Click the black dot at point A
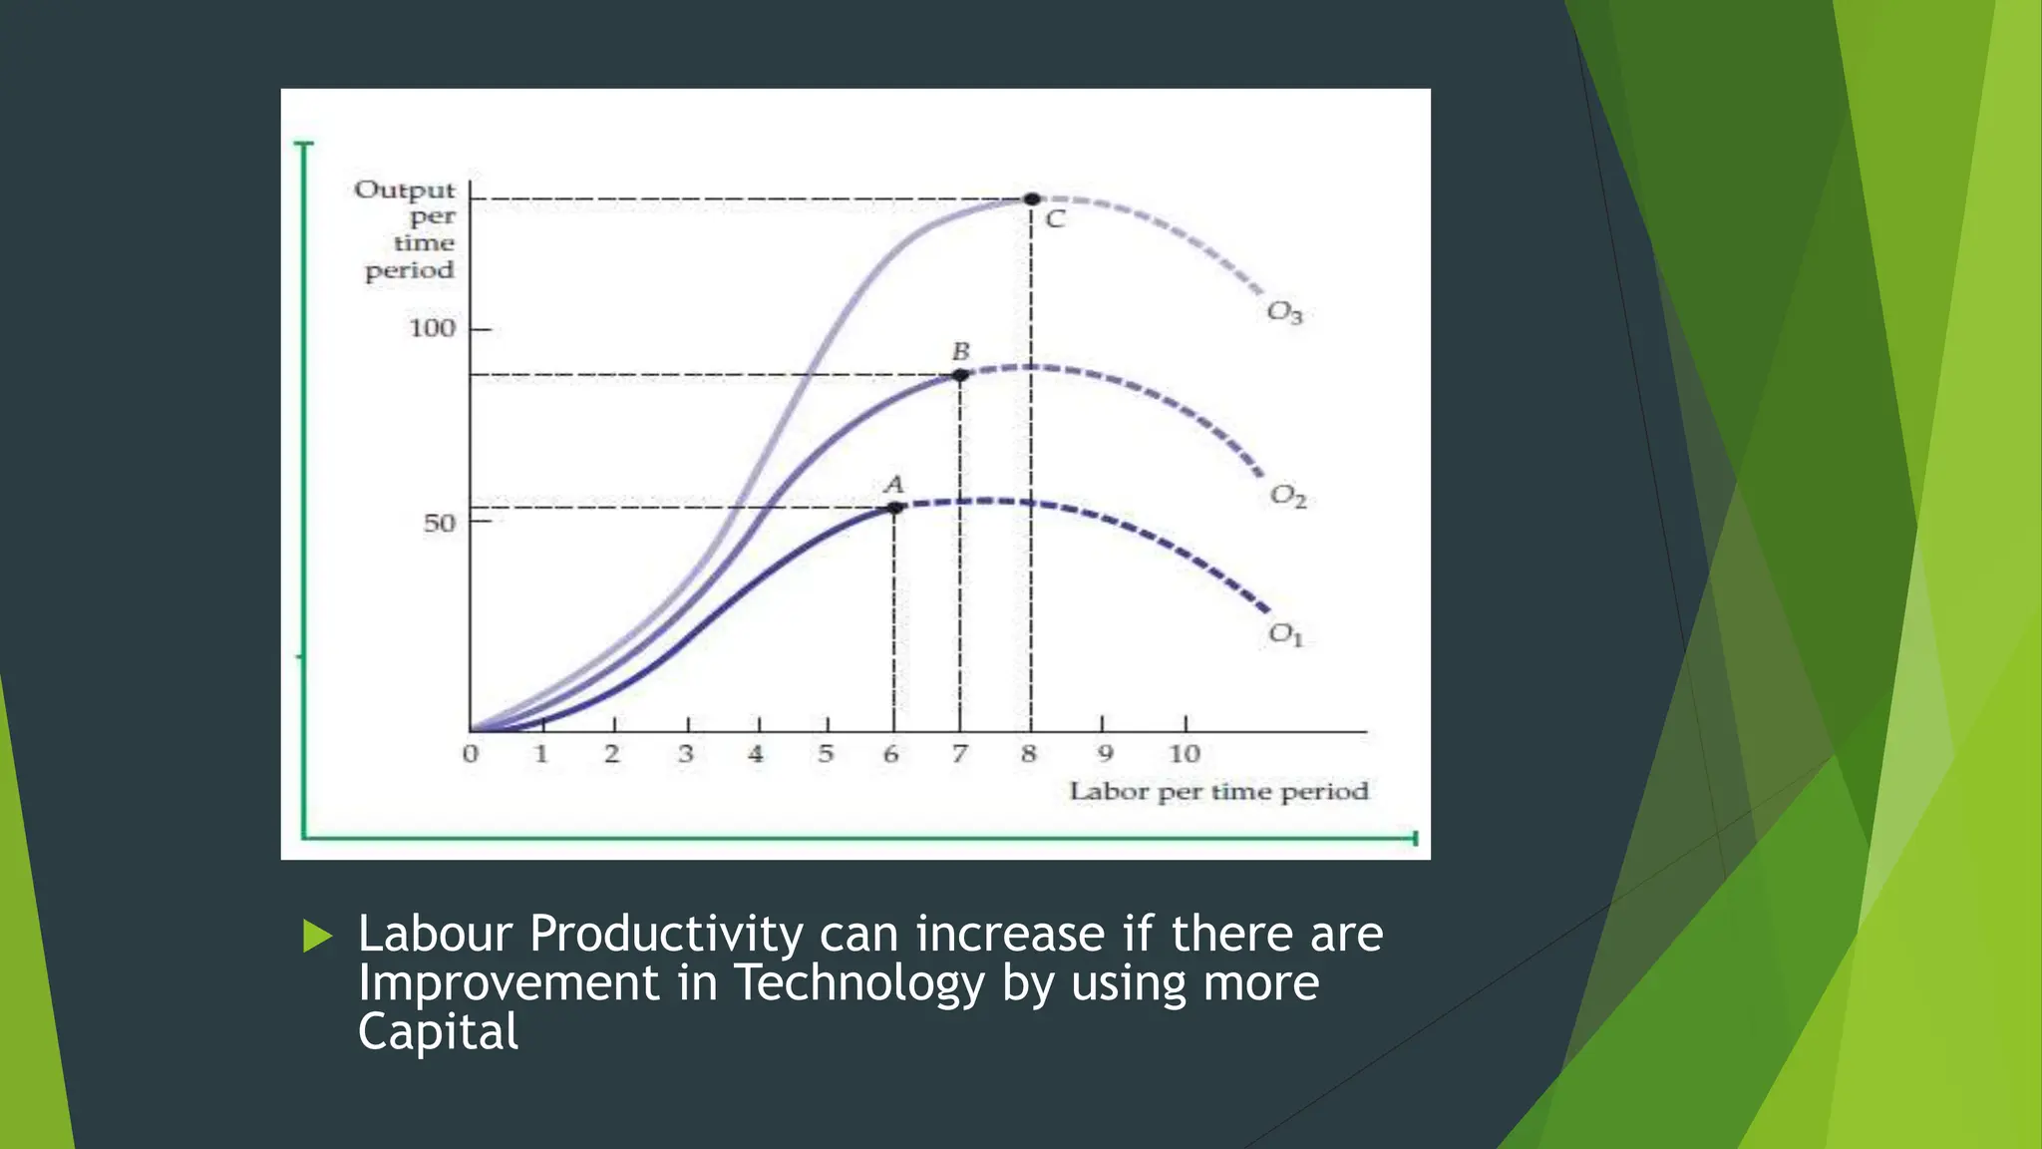pyautogui.click(x=894, y=508)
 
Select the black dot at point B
pyautogui.click(x=960, y=375)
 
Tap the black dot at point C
pyautogui.click(x=1032, y=199)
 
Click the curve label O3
pyautogui.click(x=1284, y=312)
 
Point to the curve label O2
pyautogui.click(x=1287, y=496)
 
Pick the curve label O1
pyautogui.click(x=1285, y=634)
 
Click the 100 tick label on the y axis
pyautogui.click(x=432, y=328)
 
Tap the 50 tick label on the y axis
pyautogui.click(x=439, y=523)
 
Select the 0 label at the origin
pyautogui.click(x=471, y=754)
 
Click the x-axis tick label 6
pyautogui.click(x=891, y=754)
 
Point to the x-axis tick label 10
pyautogui.click(x=1184, y=754)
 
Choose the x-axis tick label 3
pyautogui.click(x=686, y=754)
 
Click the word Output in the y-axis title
pyautogui.click(x=404, y=190)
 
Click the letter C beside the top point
pyautogui.click(x=1055, y=219)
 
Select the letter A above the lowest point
pyautogui.click(x=894, y=485)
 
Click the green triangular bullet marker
pyautogui.click(x=317, y=937)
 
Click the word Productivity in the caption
pyautogui.click(x=666, y=936)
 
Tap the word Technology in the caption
pyautogui.click(x=859, y=983)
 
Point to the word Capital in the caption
pyautogui.click(x=438, y=1031)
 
